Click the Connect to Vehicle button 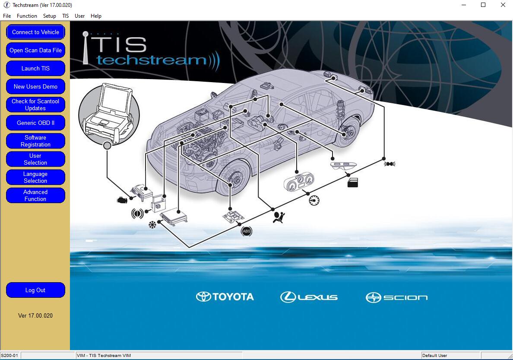[35, 32]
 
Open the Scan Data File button [35, 50]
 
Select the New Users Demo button [35, 86]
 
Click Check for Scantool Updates [35, 105]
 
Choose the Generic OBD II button [35, 123]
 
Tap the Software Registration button [35, 141]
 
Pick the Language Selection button [35, 177]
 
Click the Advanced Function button [35, 195]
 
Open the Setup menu [49, 16]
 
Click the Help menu [96, 16]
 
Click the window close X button [503, 5]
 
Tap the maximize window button [483, 5]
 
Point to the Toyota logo [225, 297]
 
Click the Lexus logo [309, 297]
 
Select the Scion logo [396, 297]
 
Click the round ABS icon [247, 231]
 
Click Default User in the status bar [434, 355]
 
